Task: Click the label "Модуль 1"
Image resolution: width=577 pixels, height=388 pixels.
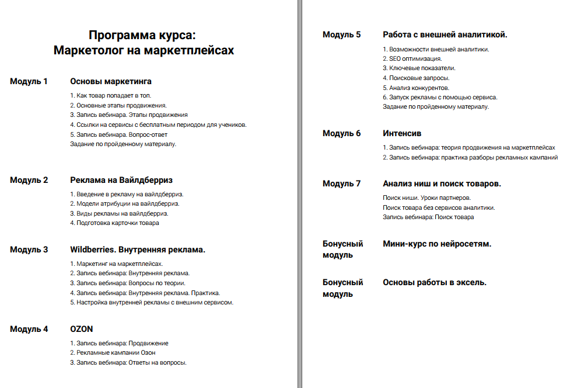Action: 29,81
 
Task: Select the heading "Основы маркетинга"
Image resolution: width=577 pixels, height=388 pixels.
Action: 111,81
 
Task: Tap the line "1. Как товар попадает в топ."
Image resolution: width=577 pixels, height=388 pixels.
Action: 111,95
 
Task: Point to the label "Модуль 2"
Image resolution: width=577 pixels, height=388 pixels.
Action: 29,180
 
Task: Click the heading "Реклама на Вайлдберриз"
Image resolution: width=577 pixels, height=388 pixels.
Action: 121,180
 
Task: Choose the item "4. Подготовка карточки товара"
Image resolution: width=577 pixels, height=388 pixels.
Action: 114,223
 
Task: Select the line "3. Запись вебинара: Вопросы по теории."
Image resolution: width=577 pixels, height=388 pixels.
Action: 128,283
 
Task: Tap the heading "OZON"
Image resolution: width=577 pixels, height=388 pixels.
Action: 82,329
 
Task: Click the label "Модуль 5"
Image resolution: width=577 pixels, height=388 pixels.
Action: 341,34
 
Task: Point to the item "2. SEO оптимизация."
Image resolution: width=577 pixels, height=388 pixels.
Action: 412,58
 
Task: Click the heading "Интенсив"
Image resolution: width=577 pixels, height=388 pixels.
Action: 402,133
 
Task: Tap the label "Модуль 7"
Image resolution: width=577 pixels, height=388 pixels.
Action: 341,183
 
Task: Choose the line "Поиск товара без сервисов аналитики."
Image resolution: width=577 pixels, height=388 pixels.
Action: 439,207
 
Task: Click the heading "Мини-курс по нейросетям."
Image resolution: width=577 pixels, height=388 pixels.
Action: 437,244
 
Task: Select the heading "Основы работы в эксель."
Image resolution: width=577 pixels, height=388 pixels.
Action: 435,282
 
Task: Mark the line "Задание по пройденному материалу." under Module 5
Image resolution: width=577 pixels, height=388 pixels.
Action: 436,106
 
